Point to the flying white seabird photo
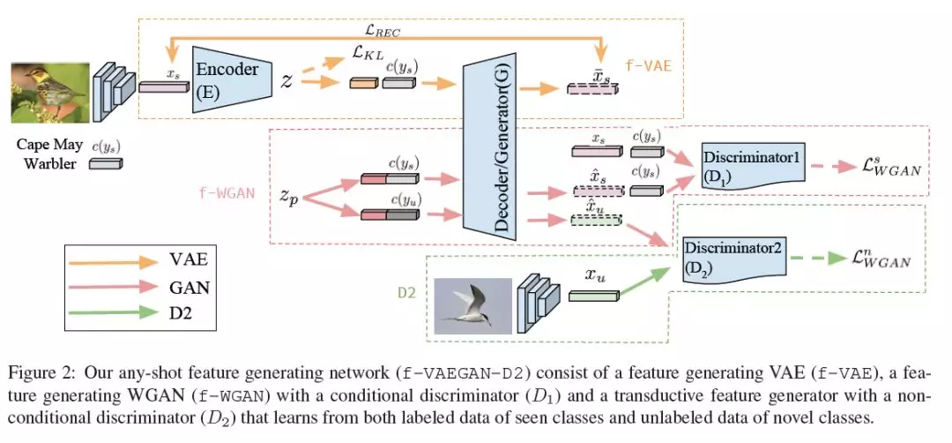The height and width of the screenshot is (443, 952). [473, 305]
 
